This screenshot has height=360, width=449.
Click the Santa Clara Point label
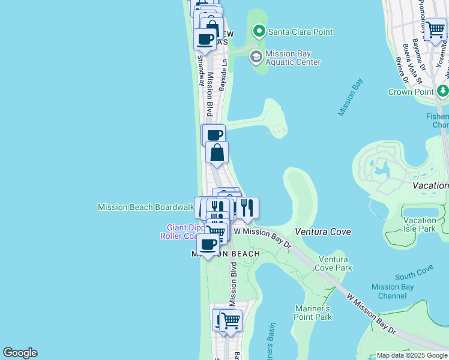tap(300, 32)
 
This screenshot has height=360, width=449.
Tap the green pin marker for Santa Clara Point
tap(259, 31)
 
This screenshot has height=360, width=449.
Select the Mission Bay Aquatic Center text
tap(293, 58)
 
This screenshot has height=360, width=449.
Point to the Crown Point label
tap(411, 92)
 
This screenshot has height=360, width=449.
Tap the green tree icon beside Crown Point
tap(442, 91)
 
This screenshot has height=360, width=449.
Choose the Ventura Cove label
tap(323, 232)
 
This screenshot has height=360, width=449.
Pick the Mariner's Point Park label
tap(313, 313)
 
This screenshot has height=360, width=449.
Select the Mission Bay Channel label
tap(393, 292)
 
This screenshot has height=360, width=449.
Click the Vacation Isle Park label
tap(420, 224)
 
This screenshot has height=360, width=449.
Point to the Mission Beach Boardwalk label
tap(146, 207)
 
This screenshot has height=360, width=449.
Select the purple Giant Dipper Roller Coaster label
tap(182, 232)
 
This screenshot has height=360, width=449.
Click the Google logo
tap(20, 353)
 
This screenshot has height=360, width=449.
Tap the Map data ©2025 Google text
tap(411, 355)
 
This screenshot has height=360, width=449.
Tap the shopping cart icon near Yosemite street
tap(435, 29)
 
